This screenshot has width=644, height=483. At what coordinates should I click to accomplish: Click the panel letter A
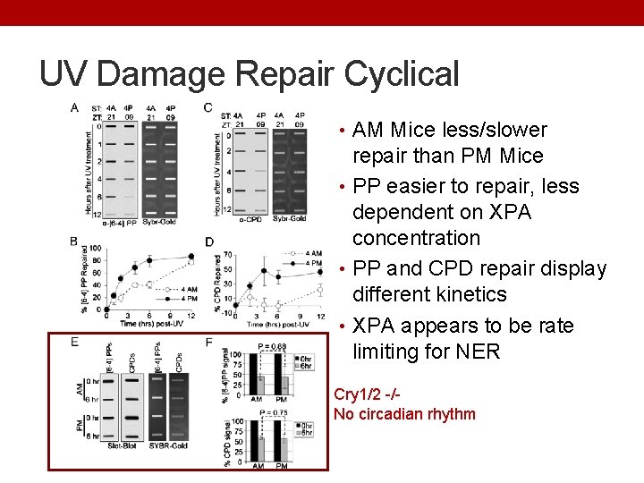point(74,108)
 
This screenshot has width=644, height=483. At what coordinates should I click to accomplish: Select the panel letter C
point(208,108)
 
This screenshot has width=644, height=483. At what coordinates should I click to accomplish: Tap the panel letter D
point(209,241)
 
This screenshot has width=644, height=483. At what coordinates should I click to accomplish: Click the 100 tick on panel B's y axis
point(96,248)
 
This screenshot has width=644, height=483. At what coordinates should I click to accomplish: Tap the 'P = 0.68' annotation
point(272,346)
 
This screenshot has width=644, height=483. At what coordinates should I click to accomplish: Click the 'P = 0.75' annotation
point(272,413)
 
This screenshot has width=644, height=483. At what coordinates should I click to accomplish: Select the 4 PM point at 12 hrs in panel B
point(191,256)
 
